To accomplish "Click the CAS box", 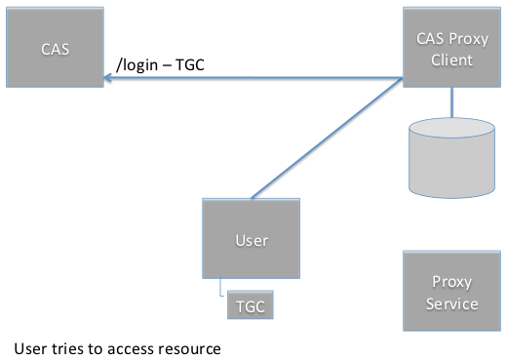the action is pyautogui.click(x=55, y=47).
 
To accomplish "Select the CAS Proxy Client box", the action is pyautogui.click(x=451, y=47).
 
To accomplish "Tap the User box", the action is pyautogui.click(x=251, y=238).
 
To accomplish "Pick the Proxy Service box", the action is pyautogui.click(x=451, y=291).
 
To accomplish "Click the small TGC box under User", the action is pyautogui.click(x=251, y=304).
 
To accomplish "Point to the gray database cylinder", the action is pyautogui.click(x=451, y=158).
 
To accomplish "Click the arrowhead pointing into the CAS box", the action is pyautogui.click(x=107, y=78).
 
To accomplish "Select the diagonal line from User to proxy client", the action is pyautogui.click(x=327, y=138).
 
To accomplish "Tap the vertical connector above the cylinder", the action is pyautogui.click(x=451, y=102).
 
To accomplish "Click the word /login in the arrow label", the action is pyautogui.click(x=136, y=65).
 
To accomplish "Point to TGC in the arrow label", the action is pyautogui.click(x=190, y=64).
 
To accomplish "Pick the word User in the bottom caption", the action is pyautogui.click(x=30, y=348).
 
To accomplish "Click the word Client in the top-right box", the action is pyautogui.click(x=451, y=60).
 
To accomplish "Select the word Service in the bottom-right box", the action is pyautogui.click(x=451, y=304).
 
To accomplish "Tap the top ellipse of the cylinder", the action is pyautogui.click(x=451, y=128).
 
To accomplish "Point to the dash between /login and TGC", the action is pyautogui.click(x=167, y=66).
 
